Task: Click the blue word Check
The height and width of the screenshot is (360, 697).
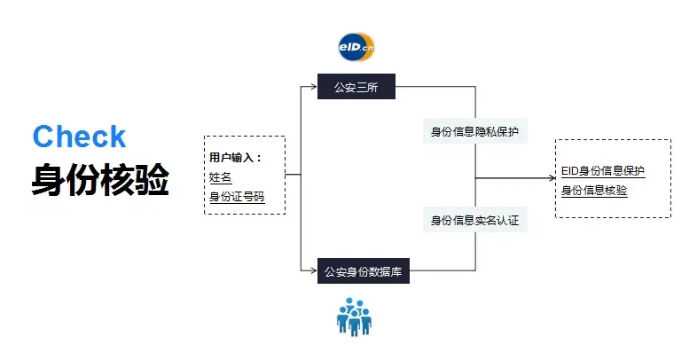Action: coord(80,137)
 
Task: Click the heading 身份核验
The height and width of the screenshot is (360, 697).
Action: coord(100,181)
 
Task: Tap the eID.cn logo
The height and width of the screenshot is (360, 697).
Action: coord(356,46)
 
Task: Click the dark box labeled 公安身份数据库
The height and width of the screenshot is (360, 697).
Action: coord(364,271)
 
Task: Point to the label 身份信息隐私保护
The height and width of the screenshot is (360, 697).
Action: coord(474,133)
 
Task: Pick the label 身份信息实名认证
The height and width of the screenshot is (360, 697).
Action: coord(474,220)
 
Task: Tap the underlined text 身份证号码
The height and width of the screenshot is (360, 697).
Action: coord(237,196)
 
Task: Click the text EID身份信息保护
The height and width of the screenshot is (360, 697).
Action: coord(603,170)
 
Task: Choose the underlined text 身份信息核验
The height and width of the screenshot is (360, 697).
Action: coord(594,190)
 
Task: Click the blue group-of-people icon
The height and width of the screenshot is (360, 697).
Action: coord(355,316)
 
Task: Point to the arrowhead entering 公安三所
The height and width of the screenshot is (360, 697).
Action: coord(314,87)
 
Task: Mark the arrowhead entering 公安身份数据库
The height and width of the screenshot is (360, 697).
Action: coord(314,270)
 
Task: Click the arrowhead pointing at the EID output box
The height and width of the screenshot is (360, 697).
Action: coord(551,179)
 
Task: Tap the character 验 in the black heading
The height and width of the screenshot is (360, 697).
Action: coord(152,181)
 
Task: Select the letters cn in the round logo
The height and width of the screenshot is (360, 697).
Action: coord(367,47)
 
